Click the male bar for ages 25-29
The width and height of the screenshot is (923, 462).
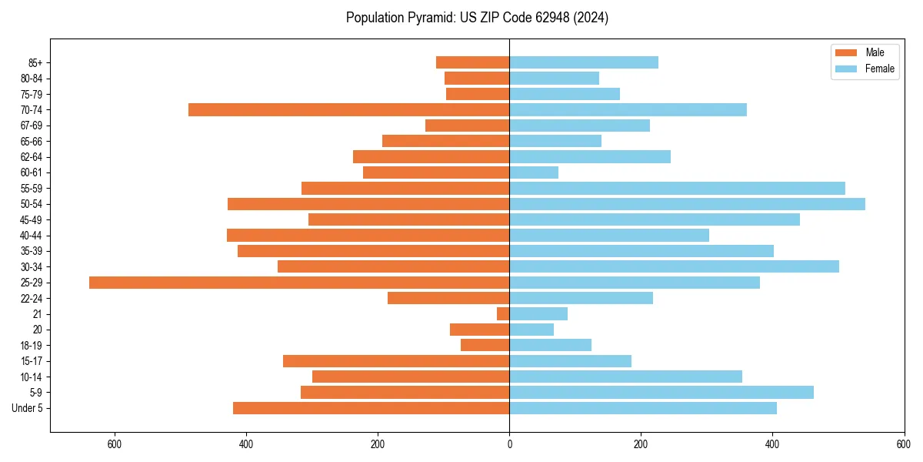point(299,283)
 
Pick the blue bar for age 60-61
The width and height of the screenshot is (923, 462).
point(534,172)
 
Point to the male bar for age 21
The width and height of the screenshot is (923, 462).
point(503,314)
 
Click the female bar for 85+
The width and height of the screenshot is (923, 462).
point(584,62)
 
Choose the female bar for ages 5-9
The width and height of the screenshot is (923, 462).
point(661,393)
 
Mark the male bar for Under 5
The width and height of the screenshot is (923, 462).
point(371,408)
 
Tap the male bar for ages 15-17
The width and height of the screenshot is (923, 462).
point(396,361)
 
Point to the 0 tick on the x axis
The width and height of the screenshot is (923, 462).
point(509,444)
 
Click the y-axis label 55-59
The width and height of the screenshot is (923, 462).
point(32,189)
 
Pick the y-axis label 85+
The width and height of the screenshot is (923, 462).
point(35,62)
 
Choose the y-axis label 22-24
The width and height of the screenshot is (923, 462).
point(32,299)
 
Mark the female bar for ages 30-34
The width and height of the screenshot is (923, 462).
point(674,267)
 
